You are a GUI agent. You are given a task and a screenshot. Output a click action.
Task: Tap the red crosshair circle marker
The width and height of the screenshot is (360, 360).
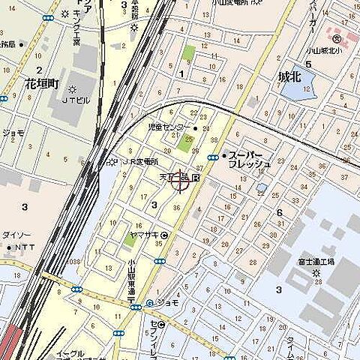tap(179, 181)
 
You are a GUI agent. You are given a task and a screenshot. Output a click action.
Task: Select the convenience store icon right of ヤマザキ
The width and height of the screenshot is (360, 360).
tap(164, 235)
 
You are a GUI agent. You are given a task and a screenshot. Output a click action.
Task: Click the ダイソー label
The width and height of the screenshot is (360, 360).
tap(16, 235)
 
